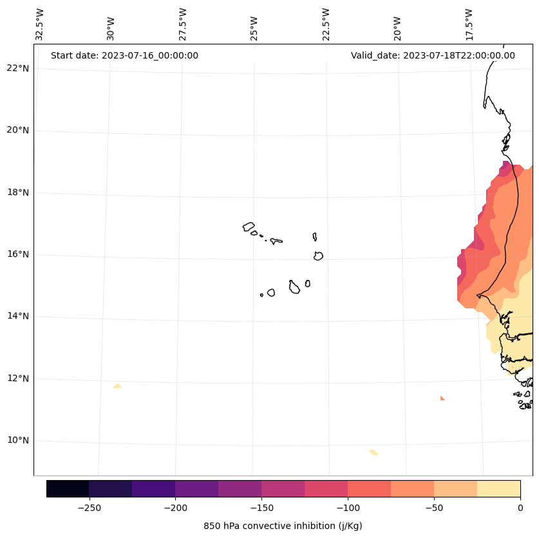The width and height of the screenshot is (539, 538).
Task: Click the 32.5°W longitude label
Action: tap(39, 24)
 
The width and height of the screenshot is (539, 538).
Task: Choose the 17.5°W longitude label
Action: tap(469, 24)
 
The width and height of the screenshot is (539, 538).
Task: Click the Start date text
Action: tap(124, 55)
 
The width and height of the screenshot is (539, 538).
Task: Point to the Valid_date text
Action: tap(433, 55)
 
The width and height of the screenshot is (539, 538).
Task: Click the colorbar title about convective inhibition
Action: tap(283, 526)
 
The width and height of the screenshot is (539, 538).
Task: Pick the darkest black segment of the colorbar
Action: tap(68, 488)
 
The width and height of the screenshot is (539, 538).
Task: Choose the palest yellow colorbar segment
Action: tap(498, 488)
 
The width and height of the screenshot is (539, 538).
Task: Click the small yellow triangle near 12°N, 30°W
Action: tap(117, 386)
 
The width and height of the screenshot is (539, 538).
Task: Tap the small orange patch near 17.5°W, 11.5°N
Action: tap(442, 398)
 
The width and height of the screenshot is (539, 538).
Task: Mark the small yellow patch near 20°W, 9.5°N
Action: tap(374, 452)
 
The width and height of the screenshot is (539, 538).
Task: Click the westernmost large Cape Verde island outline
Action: tap(249, 227)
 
